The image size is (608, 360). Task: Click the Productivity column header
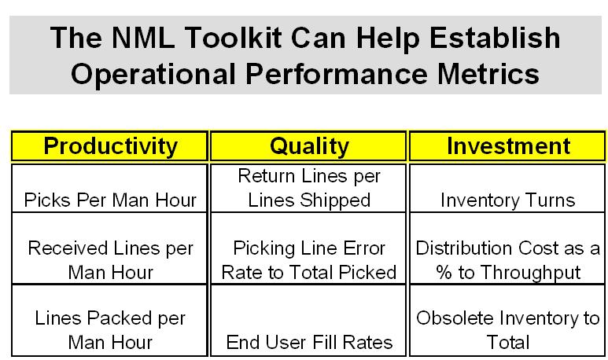click(x=110, y=146)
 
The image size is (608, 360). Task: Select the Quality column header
click(x=308, y=146)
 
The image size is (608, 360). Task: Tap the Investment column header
click(x=507, y=146)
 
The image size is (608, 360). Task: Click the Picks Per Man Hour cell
click(x=110, y=189)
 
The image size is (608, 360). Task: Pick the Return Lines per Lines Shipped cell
click(x=308, y=189)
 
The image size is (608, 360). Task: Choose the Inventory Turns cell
click(x=507, y=189)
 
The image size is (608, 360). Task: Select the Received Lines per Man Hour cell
click(x=110, y=248)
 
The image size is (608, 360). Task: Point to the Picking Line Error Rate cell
click(x=308, y=248)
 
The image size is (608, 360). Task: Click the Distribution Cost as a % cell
click(x=507, y=248)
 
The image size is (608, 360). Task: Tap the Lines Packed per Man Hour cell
click(x=110, y=320)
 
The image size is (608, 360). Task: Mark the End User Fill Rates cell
click(x=308, y=320)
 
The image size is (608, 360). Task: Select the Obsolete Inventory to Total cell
click(x=507, y=320)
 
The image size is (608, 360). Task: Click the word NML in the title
click(x=143, y=38)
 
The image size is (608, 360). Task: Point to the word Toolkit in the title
click(x=233, y=38)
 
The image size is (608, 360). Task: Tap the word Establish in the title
click(x=495, y=38)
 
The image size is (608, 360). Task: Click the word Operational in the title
click(x=153, y=75)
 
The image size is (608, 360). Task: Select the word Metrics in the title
click(x=488, y=74)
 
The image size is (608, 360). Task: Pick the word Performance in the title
click(x=337, y=74)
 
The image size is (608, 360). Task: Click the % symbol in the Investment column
click(x=444, y=273)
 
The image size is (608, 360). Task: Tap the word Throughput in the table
click(x=531, y=274)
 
